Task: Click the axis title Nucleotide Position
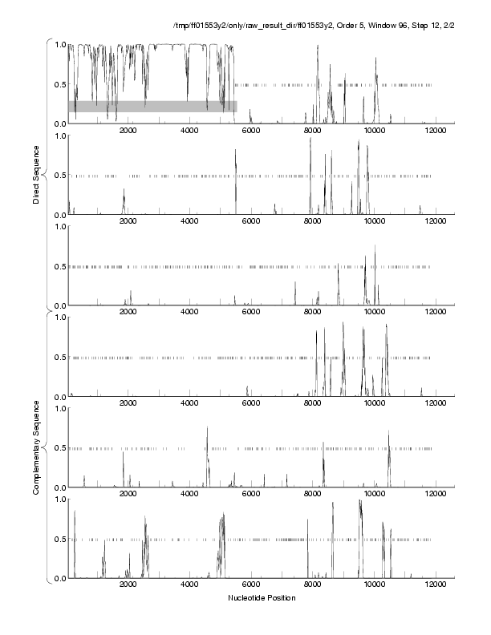(x=262, y=597)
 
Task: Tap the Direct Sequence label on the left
(x=37, y=175)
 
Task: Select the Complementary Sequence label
(x=37, y=447)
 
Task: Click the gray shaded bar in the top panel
(x=152, y=106)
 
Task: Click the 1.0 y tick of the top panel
(x=59, y=44)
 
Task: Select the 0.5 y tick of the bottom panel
(x=59, y=539)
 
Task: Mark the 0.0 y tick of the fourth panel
(x=59, y=397)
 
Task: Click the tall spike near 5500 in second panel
(x=236, y=151)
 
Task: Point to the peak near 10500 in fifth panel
(x=389, y=433)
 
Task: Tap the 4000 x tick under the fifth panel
(x=190, y=495)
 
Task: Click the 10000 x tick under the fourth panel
(x=374, y=404)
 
